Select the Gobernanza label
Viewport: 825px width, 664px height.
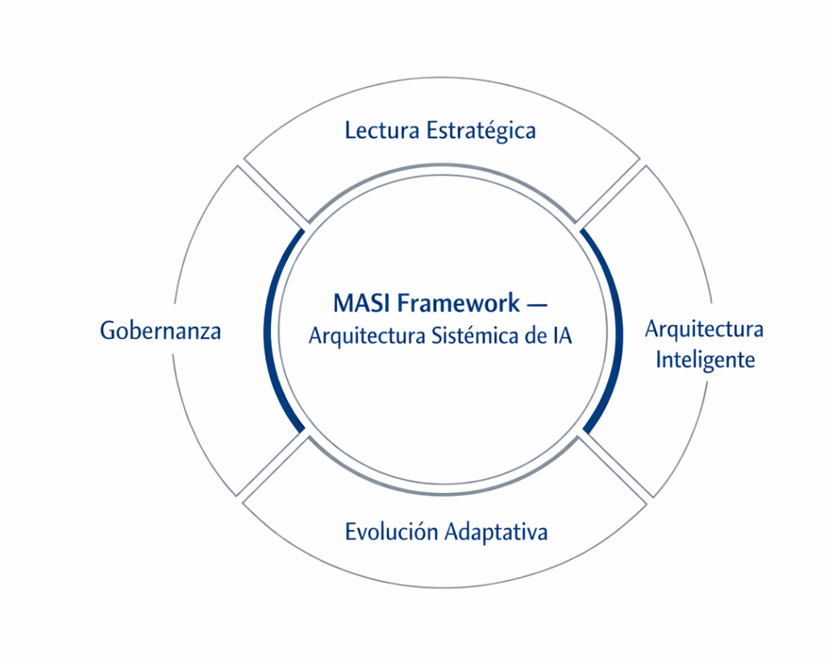pyautogui.click(x=160, y=331)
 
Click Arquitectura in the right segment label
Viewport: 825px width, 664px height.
pyautogui.click(x=704, y=329)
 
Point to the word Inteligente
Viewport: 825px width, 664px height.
pyautogui.click(x=705, y=359)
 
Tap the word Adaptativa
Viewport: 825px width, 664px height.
pyautogui.click(x=496, y=532)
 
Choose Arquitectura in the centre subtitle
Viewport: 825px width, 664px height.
pyautogui.click(x=360, y=336)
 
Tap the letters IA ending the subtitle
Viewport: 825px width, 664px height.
pyautogui.click(x=561, y=336)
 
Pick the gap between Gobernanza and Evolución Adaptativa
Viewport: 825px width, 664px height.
pyautogui.click(x=273, y=466)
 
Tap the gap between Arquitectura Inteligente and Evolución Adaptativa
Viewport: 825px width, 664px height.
pyautogui.click(x=615, y=466)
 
